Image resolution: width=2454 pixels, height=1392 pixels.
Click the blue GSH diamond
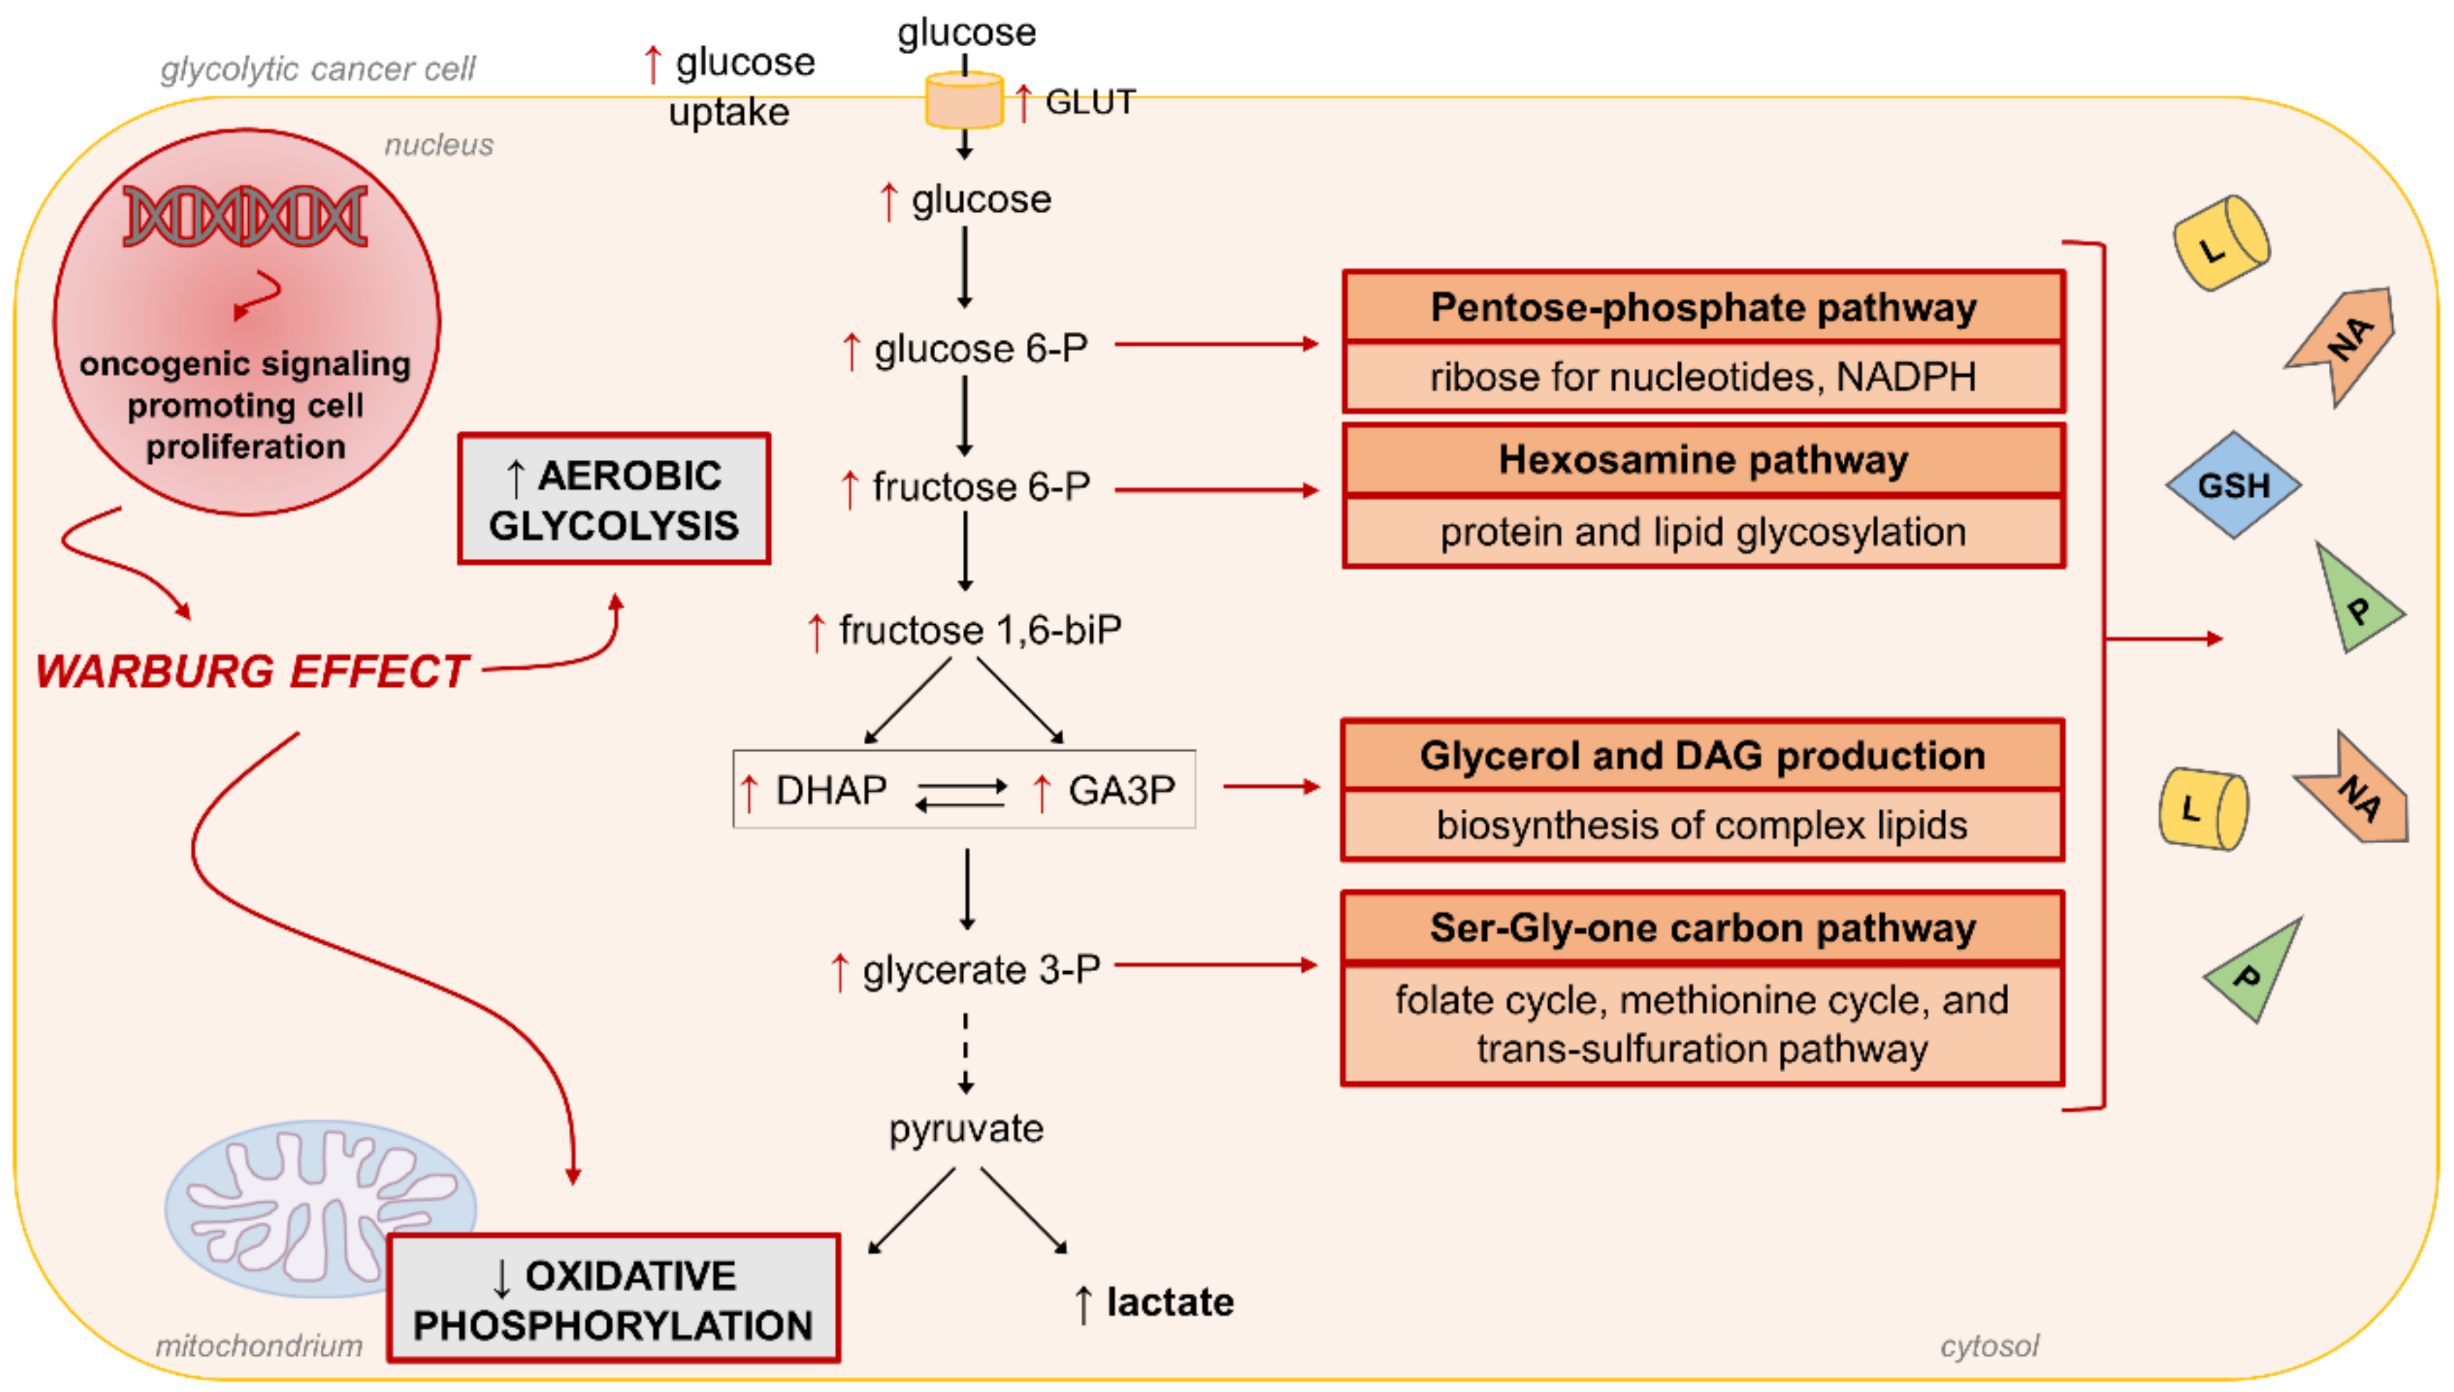2231,485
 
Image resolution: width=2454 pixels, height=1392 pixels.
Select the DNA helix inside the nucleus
245,216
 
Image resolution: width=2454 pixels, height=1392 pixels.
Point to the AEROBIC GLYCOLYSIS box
614,499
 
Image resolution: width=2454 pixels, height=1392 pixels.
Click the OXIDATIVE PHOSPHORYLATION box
614,1298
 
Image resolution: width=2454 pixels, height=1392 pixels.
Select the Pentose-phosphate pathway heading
1702,308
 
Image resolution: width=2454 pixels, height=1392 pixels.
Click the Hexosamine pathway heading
1702,460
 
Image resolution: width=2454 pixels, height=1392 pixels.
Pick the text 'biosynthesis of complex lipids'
1702,825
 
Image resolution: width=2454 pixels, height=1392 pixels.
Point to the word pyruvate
966,1129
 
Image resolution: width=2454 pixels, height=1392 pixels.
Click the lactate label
1168,1302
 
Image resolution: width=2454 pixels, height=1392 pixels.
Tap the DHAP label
830,791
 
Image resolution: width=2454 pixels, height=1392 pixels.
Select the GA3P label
1121,791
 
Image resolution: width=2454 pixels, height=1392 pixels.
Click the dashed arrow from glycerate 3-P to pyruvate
966,1051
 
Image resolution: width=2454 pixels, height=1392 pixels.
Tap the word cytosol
1988,1346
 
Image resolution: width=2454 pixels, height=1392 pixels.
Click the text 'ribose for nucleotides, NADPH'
1702,378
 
